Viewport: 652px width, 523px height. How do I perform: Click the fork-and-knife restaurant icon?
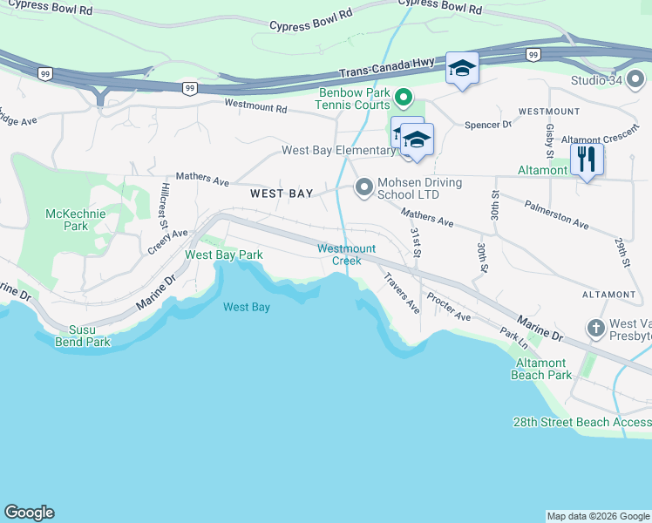[587, 160]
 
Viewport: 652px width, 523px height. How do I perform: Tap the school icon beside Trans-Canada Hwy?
[461, 69]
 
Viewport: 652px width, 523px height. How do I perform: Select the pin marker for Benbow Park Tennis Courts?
[403, 98]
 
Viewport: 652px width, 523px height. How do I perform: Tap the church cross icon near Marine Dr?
[595, 329]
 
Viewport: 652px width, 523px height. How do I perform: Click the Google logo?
[29, 513]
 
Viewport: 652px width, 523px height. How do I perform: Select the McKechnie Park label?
[67, 219]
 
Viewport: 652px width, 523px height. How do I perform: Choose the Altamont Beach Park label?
[543, 369]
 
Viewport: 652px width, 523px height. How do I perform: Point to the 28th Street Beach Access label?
[581, 422]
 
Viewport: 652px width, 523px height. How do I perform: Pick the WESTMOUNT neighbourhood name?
[548, 112]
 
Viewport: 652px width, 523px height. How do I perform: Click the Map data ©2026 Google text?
[597, 516]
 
